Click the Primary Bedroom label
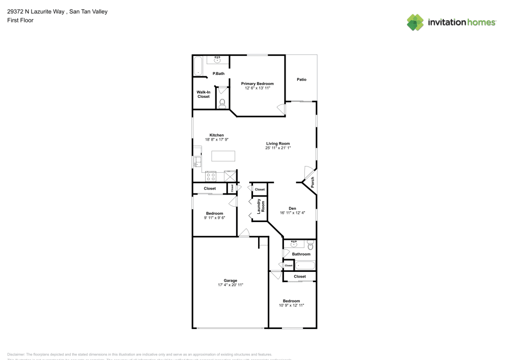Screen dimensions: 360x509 [x=257, y=84]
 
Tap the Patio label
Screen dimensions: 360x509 [x=301, y=79]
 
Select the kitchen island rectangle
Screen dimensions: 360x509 [x=223, y=156]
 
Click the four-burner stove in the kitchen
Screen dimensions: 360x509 [x=211, y=177]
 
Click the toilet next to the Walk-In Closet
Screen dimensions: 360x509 [x=221, y=104]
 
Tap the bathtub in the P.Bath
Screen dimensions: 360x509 [x=198, y=66]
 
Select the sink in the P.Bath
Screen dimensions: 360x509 [x=218, y=60]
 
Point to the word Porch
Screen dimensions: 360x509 [x=313, y=182]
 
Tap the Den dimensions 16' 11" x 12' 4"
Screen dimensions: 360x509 [x=292, y=213]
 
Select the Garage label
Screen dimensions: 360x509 [x=230, y=281]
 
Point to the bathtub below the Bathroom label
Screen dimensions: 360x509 [x=305, y=265]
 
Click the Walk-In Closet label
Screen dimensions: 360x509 [x=204, y=94]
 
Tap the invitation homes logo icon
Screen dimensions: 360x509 [x=415, y=22]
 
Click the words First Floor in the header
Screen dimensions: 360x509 [x=20, y=20]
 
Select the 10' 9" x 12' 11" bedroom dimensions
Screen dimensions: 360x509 [x=291, y=306]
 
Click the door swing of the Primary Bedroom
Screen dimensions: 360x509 [x=280, y=108]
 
